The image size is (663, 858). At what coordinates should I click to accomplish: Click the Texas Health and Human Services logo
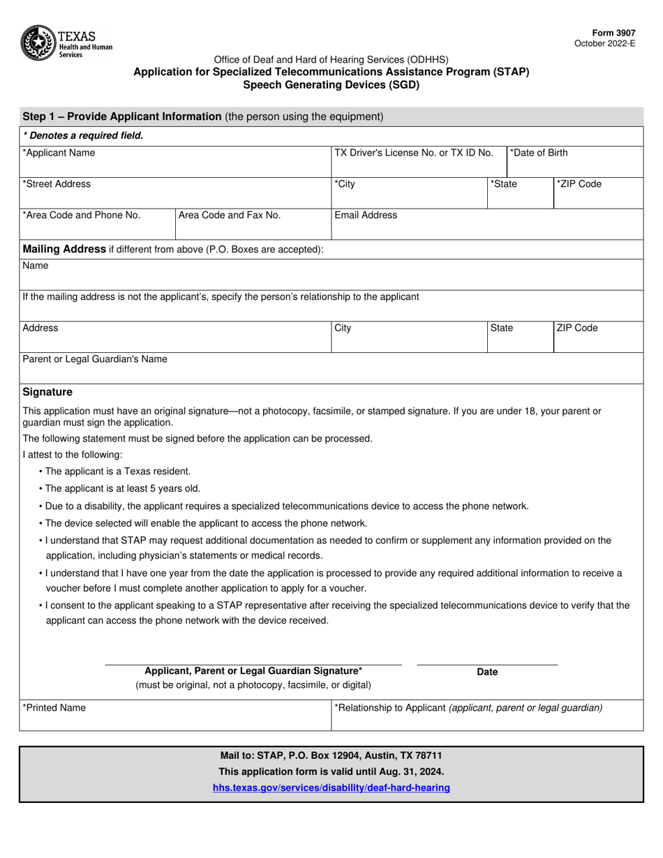[66, 42]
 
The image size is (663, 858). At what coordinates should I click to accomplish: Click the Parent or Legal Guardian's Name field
[331, 370]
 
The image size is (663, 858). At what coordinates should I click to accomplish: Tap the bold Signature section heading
[47, 392]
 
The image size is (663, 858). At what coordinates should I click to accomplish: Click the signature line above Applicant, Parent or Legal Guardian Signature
[253, 659]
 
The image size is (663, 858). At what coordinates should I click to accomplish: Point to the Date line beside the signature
[487, 659]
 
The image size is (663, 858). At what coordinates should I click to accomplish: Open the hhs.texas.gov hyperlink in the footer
[331, 788]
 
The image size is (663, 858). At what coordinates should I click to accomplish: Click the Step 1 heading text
[122, 116]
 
